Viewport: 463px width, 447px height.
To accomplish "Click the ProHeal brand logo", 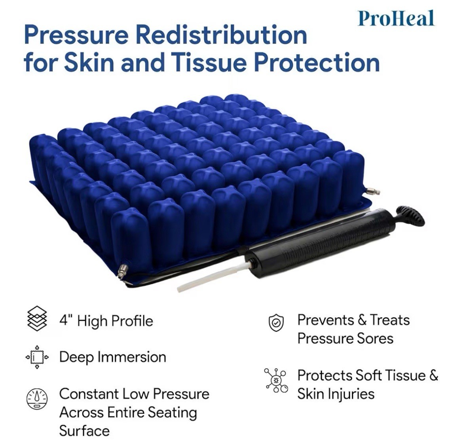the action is (x=396, y=18).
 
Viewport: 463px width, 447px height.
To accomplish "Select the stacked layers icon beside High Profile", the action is (x=37, y=318).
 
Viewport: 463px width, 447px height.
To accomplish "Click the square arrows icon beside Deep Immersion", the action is (x=37, y=357).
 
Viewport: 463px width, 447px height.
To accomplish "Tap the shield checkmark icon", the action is (x=276, y=323).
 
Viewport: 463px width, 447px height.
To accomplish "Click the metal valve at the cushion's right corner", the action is (x=373, y=191).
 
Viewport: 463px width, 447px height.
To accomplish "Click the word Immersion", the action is (x=132, y=357).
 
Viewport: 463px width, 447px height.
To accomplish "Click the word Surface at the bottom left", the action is (x=84, y=431).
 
